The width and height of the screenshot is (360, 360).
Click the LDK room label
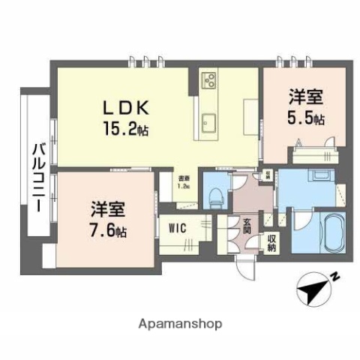click(x=125, y=108)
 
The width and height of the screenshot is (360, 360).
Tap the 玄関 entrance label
click(x=244, y=224)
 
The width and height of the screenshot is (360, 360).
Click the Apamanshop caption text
click(x=180, y=324)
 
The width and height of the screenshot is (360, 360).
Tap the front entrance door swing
click(x=246, y=262)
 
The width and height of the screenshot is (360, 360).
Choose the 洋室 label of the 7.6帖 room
click(x=109, y=208)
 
